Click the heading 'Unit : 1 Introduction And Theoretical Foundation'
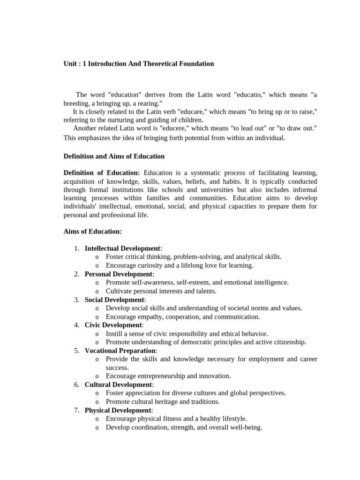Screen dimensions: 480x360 point(139,64)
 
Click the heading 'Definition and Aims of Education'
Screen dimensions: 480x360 point(114,156)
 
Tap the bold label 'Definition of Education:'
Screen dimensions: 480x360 point(102,173)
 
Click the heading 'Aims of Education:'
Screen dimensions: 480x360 point(92,232)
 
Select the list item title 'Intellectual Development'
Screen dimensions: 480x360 point(122,248)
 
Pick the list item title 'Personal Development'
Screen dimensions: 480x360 point(119,274)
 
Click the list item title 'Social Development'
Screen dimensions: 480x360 point(114,300)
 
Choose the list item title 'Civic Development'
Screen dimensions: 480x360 point(113,325)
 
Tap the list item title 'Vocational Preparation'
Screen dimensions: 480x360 point(120,351)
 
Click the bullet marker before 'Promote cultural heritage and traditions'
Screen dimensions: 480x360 point(97,402)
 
